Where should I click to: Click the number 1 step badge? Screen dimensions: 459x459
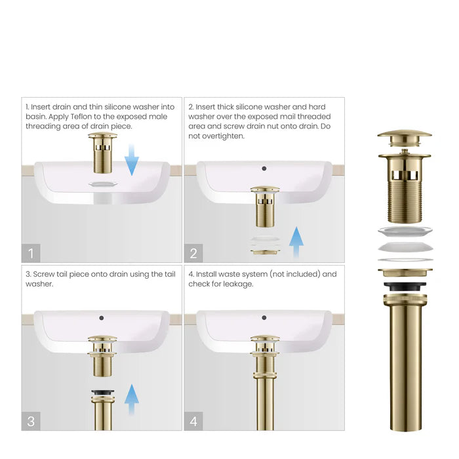point(31,252)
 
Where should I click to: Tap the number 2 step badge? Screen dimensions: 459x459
point(193,252)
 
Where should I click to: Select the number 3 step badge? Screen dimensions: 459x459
point(31,420)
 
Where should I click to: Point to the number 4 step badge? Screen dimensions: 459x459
point(193,420)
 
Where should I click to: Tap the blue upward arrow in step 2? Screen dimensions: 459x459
point(297,243)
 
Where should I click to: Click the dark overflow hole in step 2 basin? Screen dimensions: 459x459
point(264,169)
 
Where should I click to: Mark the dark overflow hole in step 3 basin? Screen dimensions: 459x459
point(102,318)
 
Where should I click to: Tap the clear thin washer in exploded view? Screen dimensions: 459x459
point(404,231)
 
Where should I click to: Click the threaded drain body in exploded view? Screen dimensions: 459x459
point(404,197)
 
